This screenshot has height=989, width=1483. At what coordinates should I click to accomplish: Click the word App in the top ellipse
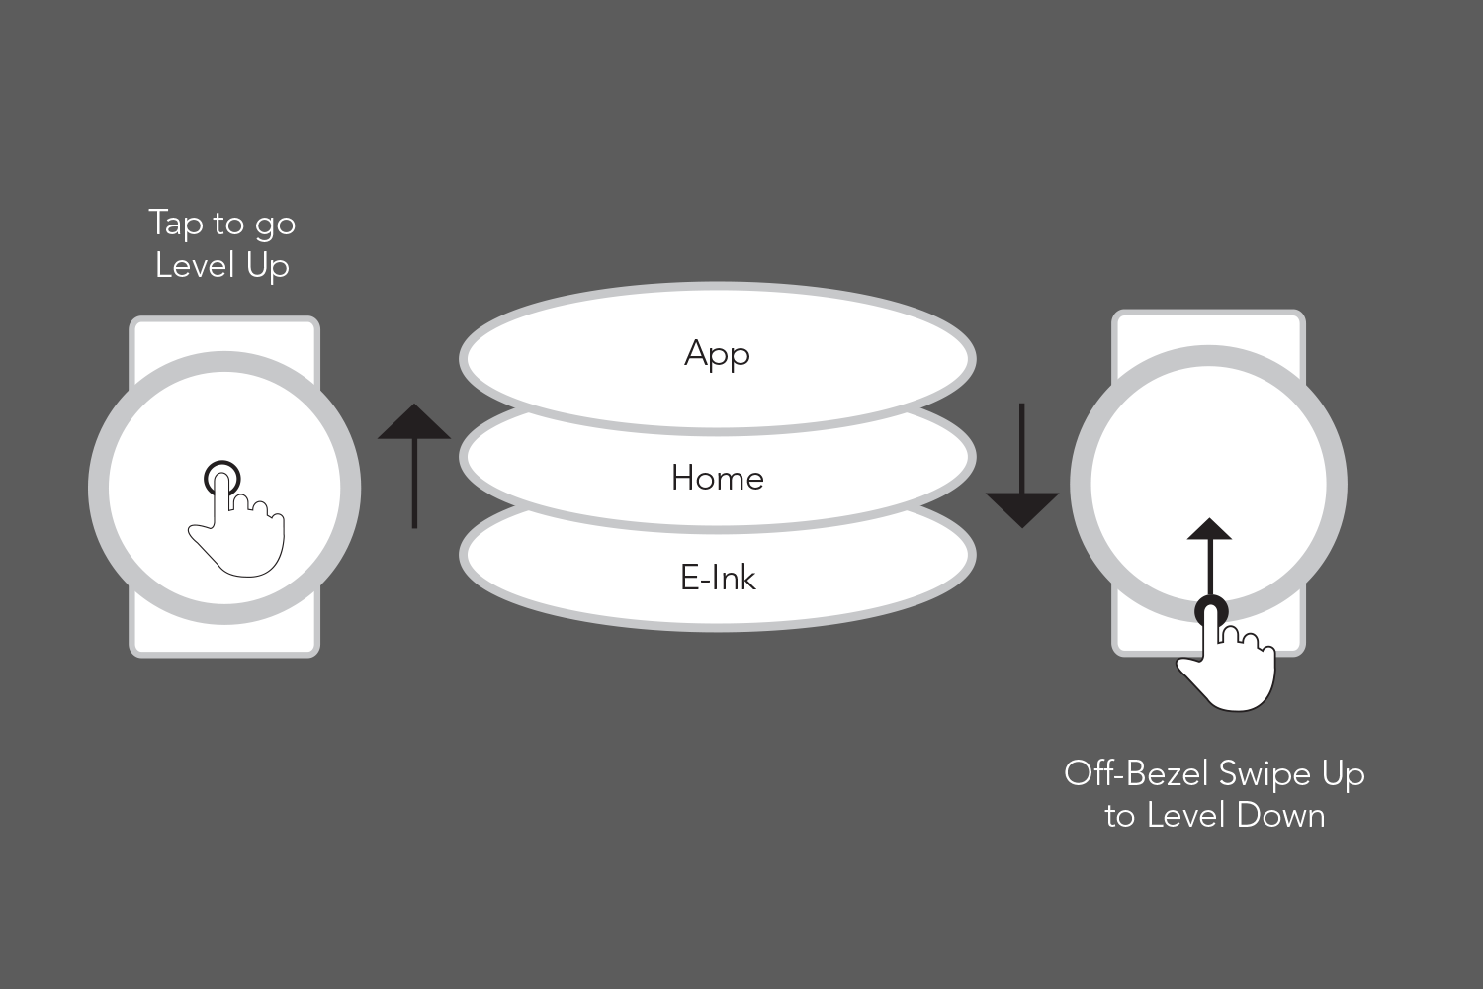(x=717, y=354)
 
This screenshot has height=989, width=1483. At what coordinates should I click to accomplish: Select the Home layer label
(x=717, y=479)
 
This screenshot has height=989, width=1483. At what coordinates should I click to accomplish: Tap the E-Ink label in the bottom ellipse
(x=718, y=578)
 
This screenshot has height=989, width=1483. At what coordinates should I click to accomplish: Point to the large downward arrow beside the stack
(x=1022, y=466)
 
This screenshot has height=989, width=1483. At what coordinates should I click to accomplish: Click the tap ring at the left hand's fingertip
(x=222, y=480)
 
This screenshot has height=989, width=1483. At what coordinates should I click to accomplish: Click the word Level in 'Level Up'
(x=194, y=265)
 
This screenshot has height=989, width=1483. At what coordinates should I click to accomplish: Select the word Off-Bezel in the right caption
(x=1136, y=773)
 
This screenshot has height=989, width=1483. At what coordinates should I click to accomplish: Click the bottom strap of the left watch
(x=224, y=637)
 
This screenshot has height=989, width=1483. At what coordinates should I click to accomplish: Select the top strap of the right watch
(x=1208, y=328)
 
